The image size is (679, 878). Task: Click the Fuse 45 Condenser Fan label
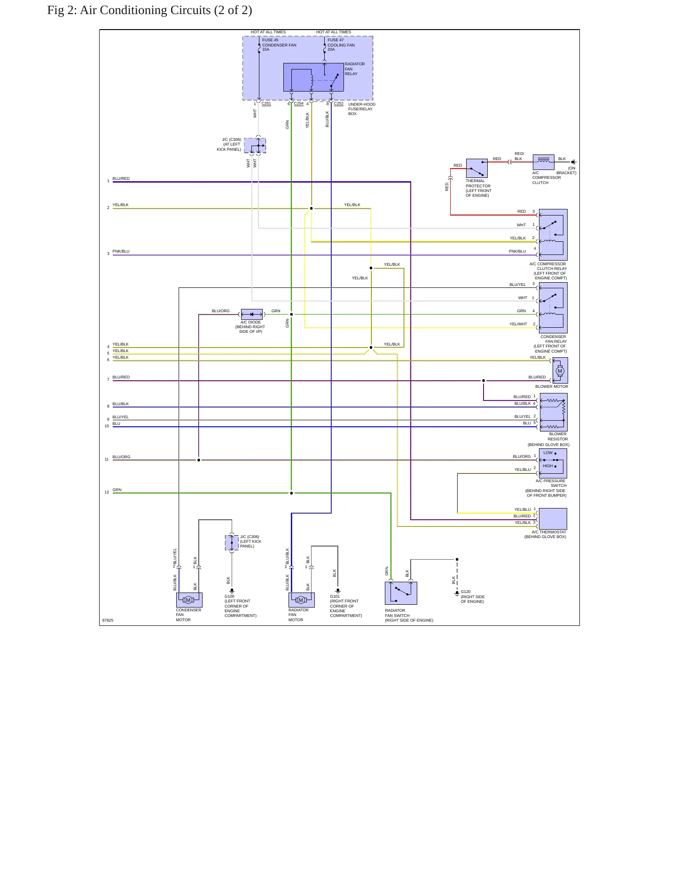point(279,45)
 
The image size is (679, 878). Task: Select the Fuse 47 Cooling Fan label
point(341,45)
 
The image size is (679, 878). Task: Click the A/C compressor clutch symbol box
point(544,162)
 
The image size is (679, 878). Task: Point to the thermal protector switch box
point(476,168)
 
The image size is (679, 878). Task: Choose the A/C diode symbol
point(252,314)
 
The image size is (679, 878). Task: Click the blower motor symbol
point(560,370)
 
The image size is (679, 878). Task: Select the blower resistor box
point(554,412)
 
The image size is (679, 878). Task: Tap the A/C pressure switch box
point(553,463)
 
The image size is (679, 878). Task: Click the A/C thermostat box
point(553,519)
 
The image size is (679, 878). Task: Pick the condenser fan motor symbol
point(189,600)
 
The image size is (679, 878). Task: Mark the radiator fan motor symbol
point(301,600)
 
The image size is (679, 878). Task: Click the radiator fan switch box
point(401,593)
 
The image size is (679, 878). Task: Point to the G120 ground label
point(473,597)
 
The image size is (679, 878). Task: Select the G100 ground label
point(241,606)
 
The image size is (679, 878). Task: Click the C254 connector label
point(298,104)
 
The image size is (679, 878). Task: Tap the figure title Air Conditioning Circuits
point(149,10)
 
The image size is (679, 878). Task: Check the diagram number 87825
point(108,620)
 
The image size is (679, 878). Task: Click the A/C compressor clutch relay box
point(553,235)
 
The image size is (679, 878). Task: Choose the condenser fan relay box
point(553,308)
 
